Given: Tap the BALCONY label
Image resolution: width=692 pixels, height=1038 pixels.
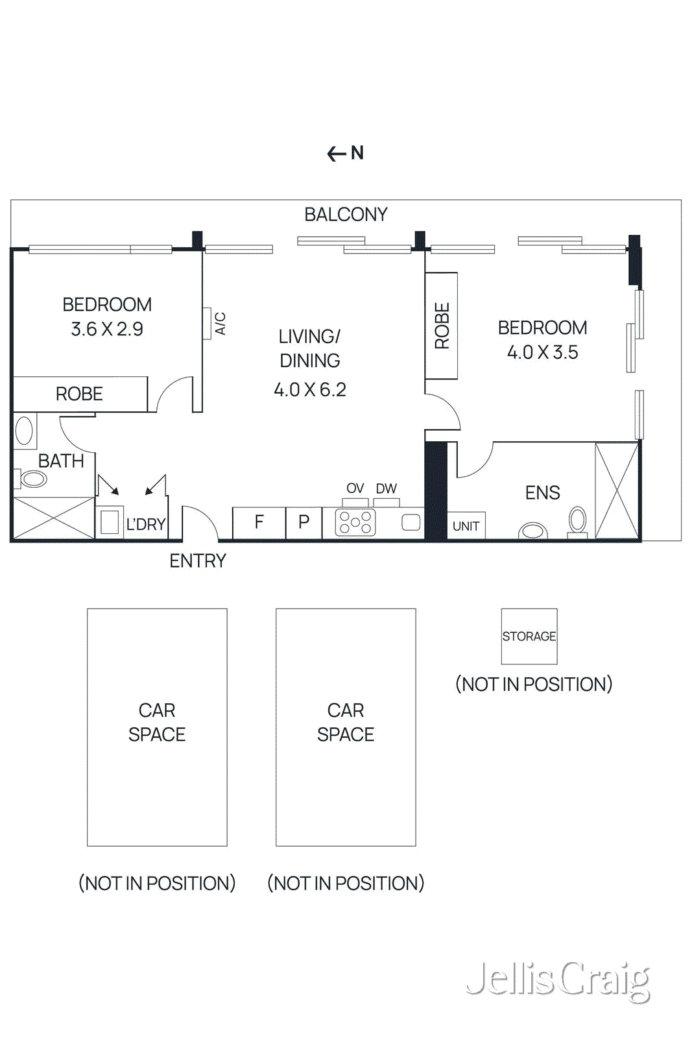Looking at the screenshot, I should pos(346,214).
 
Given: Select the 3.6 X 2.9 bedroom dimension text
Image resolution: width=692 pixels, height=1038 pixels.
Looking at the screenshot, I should pos(107,329).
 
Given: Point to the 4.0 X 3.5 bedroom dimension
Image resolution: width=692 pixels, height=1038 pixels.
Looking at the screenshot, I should pos(542,352).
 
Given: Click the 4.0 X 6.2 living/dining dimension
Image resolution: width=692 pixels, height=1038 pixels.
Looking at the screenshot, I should pos(310,389).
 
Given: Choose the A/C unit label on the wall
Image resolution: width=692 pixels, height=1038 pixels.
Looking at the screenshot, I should pos(220,323).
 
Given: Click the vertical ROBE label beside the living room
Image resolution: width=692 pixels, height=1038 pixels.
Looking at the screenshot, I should pos(442,326).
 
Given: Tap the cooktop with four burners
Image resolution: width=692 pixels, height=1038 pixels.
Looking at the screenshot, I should pos(355,523).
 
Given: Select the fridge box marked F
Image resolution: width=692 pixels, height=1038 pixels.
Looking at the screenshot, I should pos(259,522).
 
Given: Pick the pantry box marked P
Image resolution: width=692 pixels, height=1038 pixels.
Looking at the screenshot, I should pos(304,522).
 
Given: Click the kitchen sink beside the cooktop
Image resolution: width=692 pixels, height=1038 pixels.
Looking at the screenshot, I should pos(411,522).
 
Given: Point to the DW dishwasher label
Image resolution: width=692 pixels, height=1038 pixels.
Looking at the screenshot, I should pos(386,489).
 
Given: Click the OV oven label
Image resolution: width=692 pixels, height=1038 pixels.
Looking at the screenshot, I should pos(355,489).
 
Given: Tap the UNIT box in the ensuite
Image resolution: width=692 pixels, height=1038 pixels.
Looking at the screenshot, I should pos(466,526).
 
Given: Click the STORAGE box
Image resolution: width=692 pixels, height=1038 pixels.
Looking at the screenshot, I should pos(529,636).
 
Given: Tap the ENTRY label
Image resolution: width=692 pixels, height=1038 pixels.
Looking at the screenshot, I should pos(198,561).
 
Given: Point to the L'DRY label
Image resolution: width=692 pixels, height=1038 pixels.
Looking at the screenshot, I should pos(146,524).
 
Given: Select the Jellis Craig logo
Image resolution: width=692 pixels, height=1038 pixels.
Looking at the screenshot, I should pos(558,981).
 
